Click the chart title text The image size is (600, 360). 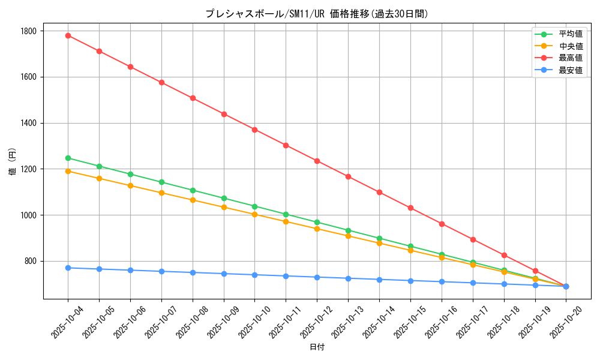click(317, 14)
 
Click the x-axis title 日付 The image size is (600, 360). click(317, 347)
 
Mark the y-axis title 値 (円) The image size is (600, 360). click(13, 163)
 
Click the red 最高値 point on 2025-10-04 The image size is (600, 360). click(68, 35)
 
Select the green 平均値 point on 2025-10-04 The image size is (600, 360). click(68, 158)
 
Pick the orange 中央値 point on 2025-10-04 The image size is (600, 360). click(68, 172)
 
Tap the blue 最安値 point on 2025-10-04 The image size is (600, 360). click(68, 268)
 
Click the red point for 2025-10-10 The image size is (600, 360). click(254, 130)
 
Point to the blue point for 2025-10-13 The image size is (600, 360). click(348, 278)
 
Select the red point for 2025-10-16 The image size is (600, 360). click(442, 224)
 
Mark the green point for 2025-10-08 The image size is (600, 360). click(193, 190)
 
